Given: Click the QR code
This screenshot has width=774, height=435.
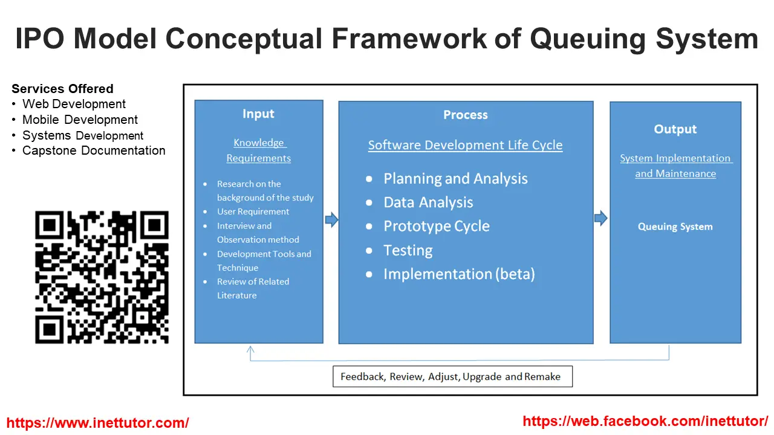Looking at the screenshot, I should tap(102, 277).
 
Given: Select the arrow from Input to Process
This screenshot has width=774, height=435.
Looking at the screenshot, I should tap(331, 219).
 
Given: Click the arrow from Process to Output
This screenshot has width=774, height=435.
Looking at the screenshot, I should tap(600, 218).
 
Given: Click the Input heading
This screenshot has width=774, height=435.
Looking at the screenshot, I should tap(258, 114).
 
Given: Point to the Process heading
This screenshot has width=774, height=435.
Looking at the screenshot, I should tap(465, 115).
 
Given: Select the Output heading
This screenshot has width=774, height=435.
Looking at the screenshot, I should tap(675, 129).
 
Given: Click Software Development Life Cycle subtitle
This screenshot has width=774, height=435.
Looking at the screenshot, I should tap(465, 145).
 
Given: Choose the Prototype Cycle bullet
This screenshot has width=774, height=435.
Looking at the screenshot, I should tap(436, 227).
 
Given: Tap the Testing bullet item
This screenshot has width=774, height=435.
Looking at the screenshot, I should tap(408, 250).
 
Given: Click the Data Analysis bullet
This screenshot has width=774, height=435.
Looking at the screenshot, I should tap(428, 202).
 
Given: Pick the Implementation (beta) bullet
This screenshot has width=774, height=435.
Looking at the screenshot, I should tap(459, 274).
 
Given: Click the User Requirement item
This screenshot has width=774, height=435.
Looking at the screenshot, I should tap(253, 211).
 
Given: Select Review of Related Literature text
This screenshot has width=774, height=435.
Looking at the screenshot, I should tap(253, 288).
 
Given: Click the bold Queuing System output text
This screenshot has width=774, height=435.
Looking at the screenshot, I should tap(675, 227).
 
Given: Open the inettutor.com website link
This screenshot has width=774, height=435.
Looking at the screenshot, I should tap(97, 423).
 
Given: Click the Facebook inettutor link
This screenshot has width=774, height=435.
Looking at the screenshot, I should tap(645, 421).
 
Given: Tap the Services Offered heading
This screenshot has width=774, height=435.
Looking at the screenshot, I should tap(62, 89).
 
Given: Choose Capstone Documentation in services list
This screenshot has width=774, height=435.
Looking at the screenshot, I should tap(94, 150).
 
